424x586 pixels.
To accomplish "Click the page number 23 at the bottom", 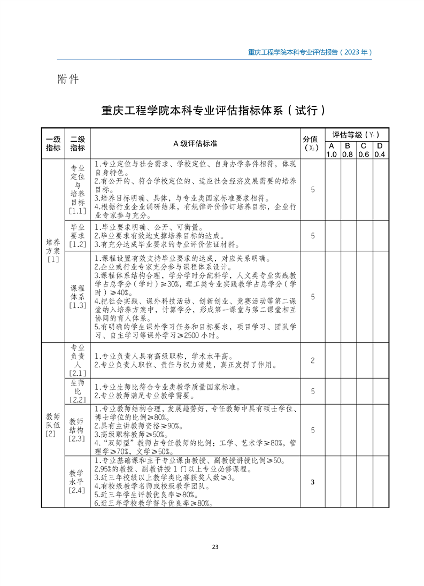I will (215, 546).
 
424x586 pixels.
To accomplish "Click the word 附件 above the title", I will (68, 79).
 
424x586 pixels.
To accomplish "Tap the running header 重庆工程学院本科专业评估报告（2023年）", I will (310, 52).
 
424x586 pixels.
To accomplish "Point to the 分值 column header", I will (312, 143).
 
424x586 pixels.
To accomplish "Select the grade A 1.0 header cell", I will (332, 150).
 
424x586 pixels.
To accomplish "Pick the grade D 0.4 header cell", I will (380, 150).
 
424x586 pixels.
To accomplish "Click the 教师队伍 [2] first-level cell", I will (53, 425).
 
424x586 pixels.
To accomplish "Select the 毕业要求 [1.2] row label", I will (78, 235).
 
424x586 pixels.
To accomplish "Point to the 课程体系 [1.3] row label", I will (78, 297).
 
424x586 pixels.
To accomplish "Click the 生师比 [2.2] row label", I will (78, 391).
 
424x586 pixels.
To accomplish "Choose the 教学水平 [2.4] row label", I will (78, 482).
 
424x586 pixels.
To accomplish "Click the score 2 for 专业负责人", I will (312, 361).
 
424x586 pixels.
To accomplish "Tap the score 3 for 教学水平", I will (312, 482).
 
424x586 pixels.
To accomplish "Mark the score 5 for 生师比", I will (312, 391).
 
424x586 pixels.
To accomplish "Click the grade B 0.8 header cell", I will (348, 150).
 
